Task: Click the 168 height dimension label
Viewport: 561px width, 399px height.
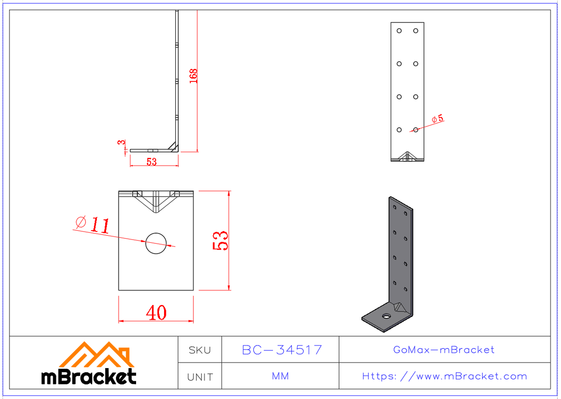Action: [194, 76]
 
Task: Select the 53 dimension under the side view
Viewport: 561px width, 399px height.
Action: [151, 162]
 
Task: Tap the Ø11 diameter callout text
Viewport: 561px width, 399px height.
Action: [93, 225]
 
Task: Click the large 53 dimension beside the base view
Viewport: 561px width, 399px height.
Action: [221, 240]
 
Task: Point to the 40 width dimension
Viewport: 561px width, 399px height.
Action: [156, 312]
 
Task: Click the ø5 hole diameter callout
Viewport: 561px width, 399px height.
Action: [438, 119]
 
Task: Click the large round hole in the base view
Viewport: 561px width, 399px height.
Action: [156, 242]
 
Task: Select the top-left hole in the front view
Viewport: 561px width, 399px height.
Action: [399, 31]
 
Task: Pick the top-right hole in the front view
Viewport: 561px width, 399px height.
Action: [416, 31]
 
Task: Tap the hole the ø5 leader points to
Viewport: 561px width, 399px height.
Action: [416, 130]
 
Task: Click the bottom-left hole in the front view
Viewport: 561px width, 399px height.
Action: [399, 130]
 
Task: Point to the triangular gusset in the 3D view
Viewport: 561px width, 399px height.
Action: [400, 307]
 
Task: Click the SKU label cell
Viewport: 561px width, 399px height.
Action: [200, 350]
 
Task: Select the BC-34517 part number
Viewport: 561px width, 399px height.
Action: [281, 350]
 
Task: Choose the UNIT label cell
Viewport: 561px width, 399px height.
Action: [200, 377]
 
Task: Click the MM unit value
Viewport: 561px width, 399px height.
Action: [280, 377]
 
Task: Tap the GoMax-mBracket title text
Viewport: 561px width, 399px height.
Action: [444, 350]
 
